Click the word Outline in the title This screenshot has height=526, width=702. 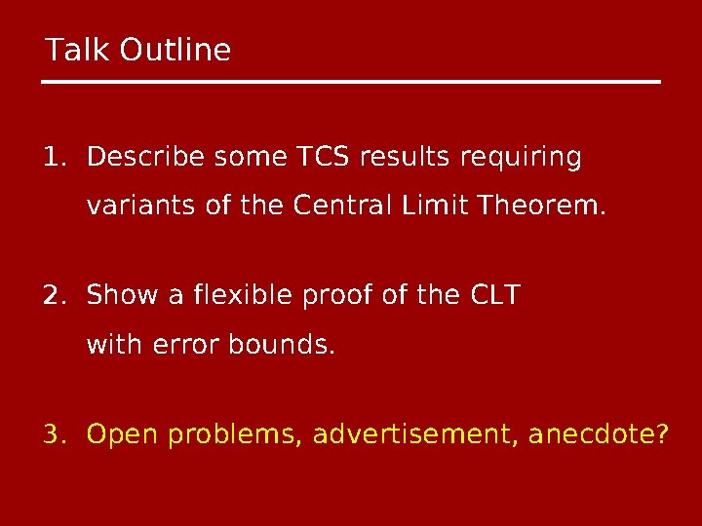(x=175, y=50)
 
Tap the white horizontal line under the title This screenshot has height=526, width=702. (x=351, y=82)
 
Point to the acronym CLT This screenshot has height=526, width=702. (x=492, y=294)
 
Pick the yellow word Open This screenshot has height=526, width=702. (x=124, y=433)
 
